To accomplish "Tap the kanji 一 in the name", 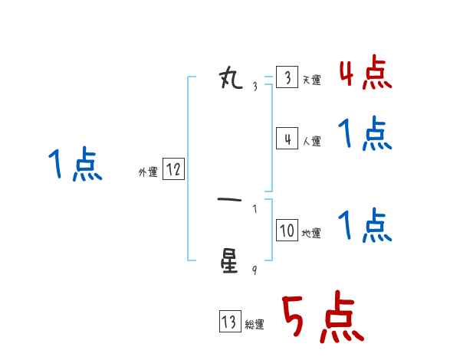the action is click(230, 201).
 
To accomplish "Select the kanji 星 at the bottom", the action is click(231, 261).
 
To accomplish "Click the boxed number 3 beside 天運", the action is click(286, 78).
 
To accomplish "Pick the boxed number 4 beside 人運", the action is click(286, 139).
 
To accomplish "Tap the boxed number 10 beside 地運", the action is click(286, 231).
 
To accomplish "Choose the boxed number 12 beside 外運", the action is click(173, 170).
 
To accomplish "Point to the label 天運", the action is click(311, 80).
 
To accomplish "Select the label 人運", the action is click(311, 142).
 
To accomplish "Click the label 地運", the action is click(311, 234).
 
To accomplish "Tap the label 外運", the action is click(148, 173).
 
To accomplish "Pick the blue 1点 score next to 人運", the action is click(365, 135).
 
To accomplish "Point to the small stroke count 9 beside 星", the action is click(255, 270).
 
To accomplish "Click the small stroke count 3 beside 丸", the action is click(255, 87).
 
